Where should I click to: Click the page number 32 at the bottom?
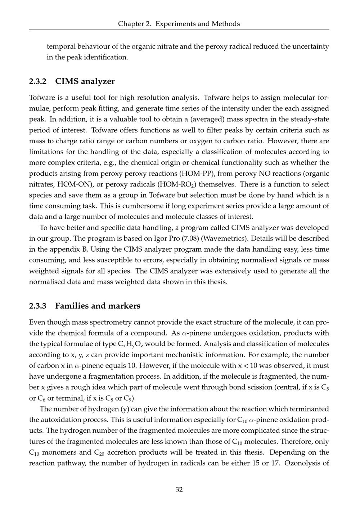[179, 490]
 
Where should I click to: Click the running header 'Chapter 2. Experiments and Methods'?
[179, 24]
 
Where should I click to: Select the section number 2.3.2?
[38, 81]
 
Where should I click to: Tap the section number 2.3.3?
[38, 306]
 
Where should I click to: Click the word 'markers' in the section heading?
[124, 306]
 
